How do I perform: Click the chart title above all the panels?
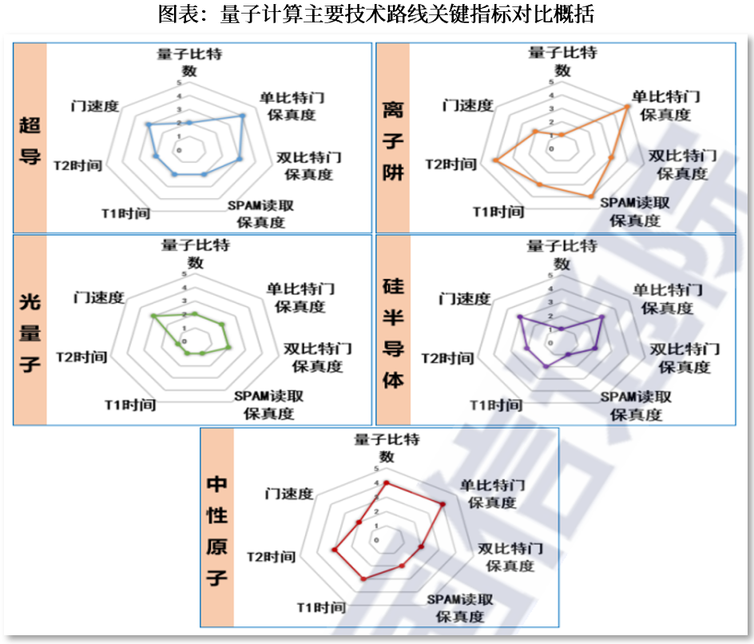tap(376, 15)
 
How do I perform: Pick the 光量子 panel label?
tap(30, 332)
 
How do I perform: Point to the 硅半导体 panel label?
tap(393, 332)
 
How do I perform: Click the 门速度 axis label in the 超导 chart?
tap(94, 106)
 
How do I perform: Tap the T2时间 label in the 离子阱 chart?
tap(450, 165)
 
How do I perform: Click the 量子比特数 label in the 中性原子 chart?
tap(387, 447)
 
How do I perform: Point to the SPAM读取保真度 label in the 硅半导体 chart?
tap(636, 406)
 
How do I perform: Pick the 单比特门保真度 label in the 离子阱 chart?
tap(666, 105)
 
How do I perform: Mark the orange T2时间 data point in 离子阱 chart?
tap(495, 161)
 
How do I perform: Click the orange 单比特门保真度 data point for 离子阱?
tap(628, 107)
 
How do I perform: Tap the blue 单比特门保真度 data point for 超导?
tap(242, 116)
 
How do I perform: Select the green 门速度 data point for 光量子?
tap(152, 316)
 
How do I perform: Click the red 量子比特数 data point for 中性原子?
tap(387, 483)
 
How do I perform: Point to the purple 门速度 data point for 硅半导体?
tap(518, 317)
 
